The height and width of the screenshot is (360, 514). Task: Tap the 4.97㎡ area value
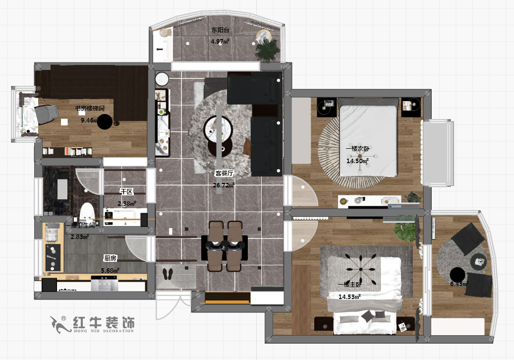pos(220,42)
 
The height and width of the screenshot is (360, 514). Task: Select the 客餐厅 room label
pos(224,174)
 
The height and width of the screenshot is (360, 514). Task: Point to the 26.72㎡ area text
pos(224,185)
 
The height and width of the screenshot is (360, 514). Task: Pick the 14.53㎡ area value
pos(349,297)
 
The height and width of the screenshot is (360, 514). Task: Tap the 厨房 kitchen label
pos(110,258)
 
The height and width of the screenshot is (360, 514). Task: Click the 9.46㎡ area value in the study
pos(90,120)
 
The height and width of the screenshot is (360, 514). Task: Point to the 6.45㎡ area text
pos(458,284)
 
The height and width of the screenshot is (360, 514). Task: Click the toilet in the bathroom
pos(87,211)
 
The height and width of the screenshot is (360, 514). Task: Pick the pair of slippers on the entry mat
pos(168,274)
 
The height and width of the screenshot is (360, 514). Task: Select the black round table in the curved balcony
pos(457,274)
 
